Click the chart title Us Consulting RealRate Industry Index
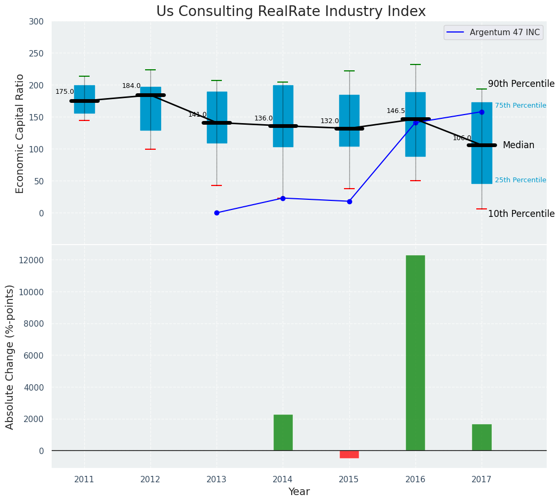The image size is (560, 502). (x=291, y=12)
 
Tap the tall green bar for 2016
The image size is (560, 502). (x=415, y=353)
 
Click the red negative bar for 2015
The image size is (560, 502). (x=349, y=454)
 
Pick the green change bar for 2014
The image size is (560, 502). (x=283, y=432)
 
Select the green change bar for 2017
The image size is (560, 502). (x=482, y=437)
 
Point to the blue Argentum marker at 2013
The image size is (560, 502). (x=217, y=213)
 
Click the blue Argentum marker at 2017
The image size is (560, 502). (x=482, y=112)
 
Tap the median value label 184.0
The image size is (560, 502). (x=131, y=86)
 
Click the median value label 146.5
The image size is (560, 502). (x=396, y=111)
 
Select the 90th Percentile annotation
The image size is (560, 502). (x=521, y=84)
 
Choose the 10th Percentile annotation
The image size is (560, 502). (x=521, y=214)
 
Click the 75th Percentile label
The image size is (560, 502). (x=520, y=106)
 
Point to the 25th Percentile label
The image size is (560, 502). (x=520, y=180)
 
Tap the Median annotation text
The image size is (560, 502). (x=518, y=145)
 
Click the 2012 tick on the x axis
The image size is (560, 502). (x=150, y=479)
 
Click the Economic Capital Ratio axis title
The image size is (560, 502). (x=20, y=133)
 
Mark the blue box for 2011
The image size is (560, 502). (x=84, y=99)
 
